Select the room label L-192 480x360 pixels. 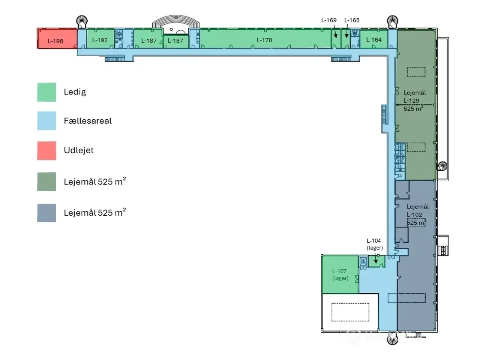click(x=100, y=40)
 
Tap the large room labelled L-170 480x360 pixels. click(x=264, y=40)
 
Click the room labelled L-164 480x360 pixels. click(x=373, y=39)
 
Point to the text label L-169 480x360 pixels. click(x=329, y=20)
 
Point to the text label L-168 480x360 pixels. click(x=352, y=20)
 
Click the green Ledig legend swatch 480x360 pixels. click(x=46, y=92)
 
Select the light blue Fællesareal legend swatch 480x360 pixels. click(x=46, y=121)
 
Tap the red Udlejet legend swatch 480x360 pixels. click(x=46, y=150)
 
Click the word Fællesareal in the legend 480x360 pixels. click(x=87, y=121)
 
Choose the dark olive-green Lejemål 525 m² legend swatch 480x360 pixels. click(x=46, y=181)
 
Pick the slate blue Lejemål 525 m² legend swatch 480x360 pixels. click(x=46, y=213)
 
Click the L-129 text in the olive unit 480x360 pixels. click(x=411, y=100)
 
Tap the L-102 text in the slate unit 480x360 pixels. click(x=414, y=215)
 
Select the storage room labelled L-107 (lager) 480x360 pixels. click(x=340, y=274)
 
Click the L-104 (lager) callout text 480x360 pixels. click(x=374, y=244)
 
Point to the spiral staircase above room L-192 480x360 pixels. click(x=81, y=21)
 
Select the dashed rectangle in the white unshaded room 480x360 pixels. click(x=350, y=312)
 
